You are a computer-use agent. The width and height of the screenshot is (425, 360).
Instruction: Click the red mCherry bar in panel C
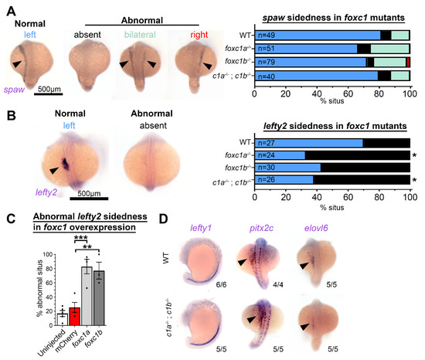point(74,316)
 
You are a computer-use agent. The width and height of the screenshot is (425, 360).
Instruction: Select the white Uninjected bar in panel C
point(62,319)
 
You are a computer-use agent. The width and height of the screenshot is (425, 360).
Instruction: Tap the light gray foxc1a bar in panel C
point(87,296)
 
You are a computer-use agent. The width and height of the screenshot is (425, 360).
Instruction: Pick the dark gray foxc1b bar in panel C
point(99,298)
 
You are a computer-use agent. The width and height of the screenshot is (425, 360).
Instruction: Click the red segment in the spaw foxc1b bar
point(408,62)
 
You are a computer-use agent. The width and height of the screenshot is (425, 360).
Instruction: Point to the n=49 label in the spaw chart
point(267,36)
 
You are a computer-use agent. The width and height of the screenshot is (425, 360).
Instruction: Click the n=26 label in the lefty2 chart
point(267,179)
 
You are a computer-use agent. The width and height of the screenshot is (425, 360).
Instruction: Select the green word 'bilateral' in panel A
point(140,35)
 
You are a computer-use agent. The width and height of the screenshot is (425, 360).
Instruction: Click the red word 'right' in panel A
point(199,35)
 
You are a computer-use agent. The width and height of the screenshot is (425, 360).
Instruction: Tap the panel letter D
point(163,219)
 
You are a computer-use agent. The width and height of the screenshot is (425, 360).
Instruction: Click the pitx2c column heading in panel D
point(261,229)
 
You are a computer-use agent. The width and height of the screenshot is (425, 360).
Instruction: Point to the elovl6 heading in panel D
point(316,228)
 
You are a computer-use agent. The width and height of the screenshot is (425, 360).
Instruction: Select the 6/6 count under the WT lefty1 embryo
point(221,284)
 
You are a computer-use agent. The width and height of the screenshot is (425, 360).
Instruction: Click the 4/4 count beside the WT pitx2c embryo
point(278,284)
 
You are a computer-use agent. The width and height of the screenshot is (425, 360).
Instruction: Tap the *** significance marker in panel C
point(81,238)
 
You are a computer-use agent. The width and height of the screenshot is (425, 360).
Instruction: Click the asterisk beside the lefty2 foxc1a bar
point(414,156)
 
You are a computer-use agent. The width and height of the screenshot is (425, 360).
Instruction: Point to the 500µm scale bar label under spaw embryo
point(49,89)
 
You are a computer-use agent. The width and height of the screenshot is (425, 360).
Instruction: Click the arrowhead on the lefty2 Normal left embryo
point(53,171)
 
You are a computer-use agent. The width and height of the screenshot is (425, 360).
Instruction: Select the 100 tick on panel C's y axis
point(48,254)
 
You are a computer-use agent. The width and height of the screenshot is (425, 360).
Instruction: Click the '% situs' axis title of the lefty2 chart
point(332,208)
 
